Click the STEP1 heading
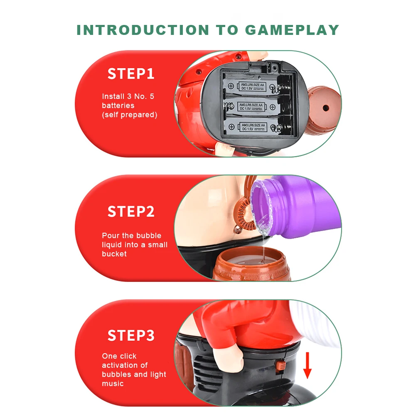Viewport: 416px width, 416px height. (131, 74)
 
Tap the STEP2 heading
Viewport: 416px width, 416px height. (131, 212)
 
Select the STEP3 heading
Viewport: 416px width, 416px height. (131, 335)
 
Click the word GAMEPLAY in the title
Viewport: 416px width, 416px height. (292, 30)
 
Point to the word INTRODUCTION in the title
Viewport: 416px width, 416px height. (143, 30)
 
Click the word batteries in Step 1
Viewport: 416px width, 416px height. (118, 106)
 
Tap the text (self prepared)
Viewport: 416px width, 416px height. (130, 115)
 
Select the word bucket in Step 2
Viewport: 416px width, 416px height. (114, 254)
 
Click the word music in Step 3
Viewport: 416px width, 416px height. (113, 384)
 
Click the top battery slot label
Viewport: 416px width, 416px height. (252, 86)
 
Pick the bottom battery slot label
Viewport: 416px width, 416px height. (253, 127)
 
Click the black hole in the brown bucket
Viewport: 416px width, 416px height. (325, 108)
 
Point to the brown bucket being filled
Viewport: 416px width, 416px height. (251, 263)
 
